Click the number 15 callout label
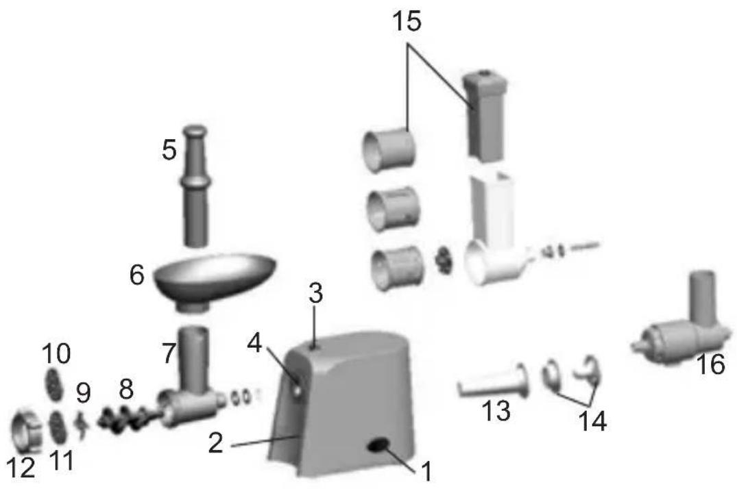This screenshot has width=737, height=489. point(407,22)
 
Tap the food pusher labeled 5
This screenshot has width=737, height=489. point(195,186)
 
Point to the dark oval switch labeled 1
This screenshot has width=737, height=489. point(379,445)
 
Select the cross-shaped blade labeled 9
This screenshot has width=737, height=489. point(83,424)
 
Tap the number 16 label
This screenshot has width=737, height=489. point(711,364)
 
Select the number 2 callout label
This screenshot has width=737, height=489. point(216,442)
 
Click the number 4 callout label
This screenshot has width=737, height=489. point(254,344)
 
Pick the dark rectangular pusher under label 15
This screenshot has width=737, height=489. point(485,116)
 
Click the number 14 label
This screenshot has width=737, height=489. point(592,421)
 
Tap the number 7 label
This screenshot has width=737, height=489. point(169,353)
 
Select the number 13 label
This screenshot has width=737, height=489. point(496,410)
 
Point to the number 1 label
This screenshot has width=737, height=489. point(426,471)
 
